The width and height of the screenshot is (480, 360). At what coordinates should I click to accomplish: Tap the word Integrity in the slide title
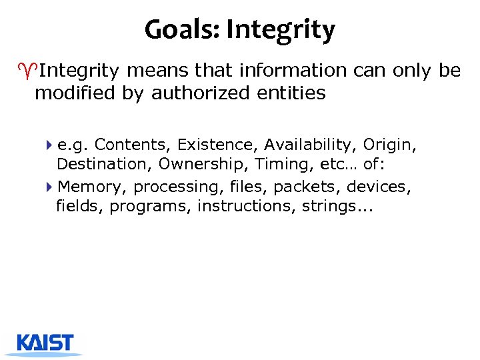tap(281, 29)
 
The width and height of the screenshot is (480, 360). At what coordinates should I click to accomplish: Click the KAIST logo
tap(45, 342)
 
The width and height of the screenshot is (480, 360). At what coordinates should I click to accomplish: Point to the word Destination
tap(105, 164)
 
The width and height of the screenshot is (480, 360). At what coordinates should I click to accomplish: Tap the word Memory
tap(93, 187)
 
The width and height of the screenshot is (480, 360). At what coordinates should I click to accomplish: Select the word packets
tap(307, 187)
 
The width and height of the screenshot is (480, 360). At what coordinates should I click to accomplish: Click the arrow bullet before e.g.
tap(51, 145)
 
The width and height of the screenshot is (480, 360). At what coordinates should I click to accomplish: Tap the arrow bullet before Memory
tap(51, 187)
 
